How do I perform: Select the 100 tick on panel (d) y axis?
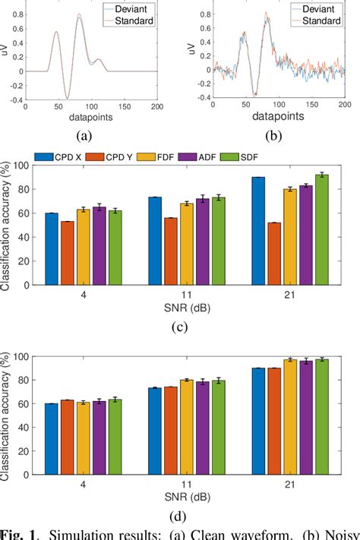22,356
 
